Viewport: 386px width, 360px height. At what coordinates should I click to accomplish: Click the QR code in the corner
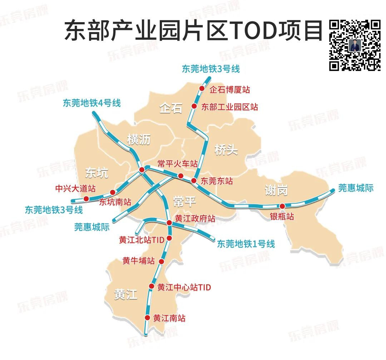355,45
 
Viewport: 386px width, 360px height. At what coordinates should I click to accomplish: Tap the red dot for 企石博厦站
202,89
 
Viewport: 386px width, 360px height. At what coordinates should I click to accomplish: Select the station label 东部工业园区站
229,107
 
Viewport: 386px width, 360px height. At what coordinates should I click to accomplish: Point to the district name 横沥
139,140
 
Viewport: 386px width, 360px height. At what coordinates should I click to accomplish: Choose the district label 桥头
226,150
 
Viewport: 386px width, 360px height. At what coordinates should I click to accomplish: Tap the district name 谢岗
276,190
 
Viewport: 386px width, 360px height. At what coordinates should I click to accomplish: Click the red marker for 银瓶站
282,206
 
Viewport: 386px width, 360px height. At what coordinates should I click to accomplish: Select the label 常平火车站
178,164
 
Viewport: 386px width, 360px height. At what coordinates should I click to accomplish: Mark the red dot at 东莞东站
194,181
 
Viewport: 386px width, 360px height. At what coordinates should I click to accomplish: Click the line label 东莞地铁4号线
92,103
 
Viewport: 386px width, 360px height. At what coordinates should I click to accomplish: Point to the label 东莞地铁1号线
246,244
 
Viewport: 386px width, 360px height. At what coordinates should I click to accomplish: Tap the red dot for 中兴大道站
86,199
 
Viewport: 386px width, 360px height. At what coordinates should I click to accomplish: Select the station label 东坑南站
115,202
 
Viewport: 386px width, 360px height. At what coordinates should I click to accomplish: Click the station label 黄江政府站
195,218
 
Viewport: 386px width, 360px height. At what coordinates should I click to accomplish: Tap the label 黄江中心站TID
184,287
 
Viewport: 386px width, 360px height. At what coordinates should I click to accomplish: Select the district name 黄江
126,295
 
